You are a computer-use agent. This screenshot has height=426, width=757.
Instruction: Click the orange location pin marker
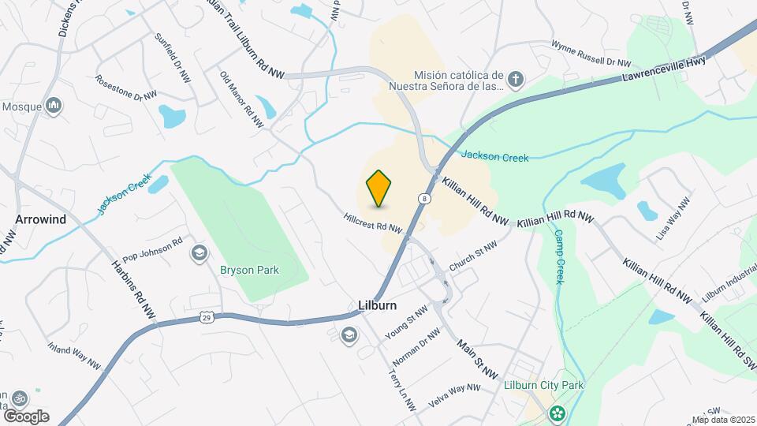(x=379, y=188)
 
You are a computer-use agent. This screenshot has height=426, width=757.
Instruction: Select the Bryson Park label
(x=249, y=270)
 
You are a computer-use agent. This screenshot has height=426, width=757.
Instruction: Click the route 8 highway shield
(x=424, y=199)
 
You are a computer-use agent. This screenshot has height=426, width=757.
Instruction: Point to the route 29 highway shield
(x=206, y=317)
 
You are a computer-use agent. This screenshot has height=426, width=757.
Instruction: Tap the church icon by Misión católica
(x=516, y=79)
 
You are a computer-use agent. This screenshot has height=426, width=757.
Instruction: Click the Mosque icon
(x=54, y=105)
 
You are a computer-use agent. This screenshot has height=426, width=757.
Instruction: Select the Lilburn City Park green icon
(x=557, y=413)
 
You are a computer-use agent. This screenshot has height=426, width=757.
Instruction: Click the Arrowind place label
(x=40, y=219)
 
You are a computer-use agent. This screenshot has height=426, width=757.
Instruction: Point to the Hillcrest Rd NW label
(x=373, y=223)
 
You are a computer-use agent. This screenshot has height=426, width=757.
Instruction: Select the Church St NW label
(x=473, y=257)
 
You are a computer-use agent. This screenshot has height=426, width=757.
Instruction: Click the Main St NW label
(x=478, y=357)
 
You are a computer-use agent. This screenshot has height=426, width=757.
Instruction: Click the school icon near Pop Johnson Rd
(x=198, y=253)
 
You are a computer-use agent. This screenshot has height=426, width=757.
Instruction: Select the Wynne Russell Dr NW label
(x=591, y=54)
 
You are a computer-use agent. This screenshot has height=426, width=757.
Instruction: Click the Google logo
(x=25, y=416)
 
